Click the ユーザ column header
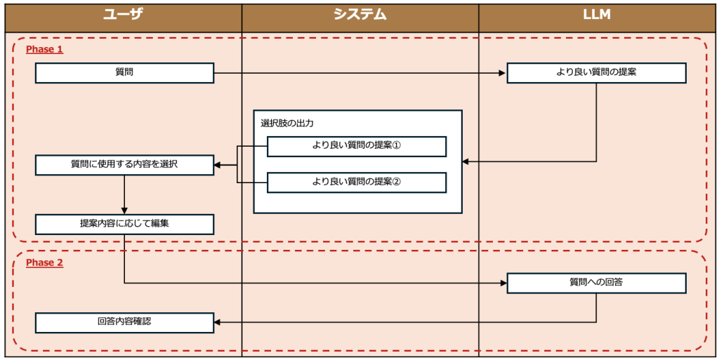point(123,14)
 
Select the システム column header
point(360,14)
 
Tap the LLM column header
point(597,14)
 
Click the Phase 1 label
point(44,50)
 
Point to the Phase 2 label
point(44,263)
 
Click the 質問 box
point(124,72)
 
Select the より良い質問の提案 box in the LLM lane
point(596,72)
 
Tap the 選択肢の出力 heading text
point(287,123)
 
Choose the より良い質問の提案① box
point(357,146)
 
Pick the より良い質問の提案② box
point(357,182)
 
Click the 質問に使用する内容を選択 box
point(124,165)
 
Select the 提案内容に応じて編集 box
point(124,224)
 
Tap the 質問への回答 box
point(596,283)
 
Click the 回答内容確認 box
point(124,322)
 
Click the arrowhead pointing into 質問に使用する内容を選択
point(218,165)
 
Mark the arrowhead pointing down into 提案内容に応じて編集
point(124,210)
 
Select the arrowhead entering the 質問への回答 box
point(503,283)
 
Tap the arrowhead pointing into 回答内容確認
point(218,322)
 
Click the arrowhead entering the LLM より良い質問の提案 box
point(503,72)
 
